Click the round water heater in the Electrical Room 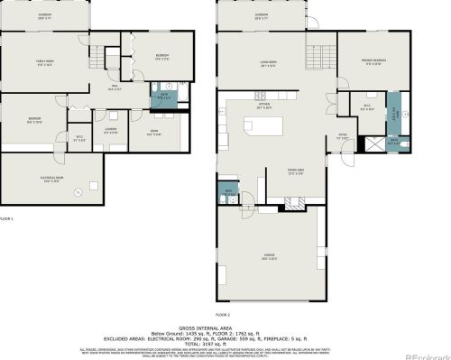[x=79, y=190]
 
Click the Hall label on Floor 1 [x=115, y=88]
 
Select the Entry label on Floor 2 [x=343, y=136]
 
